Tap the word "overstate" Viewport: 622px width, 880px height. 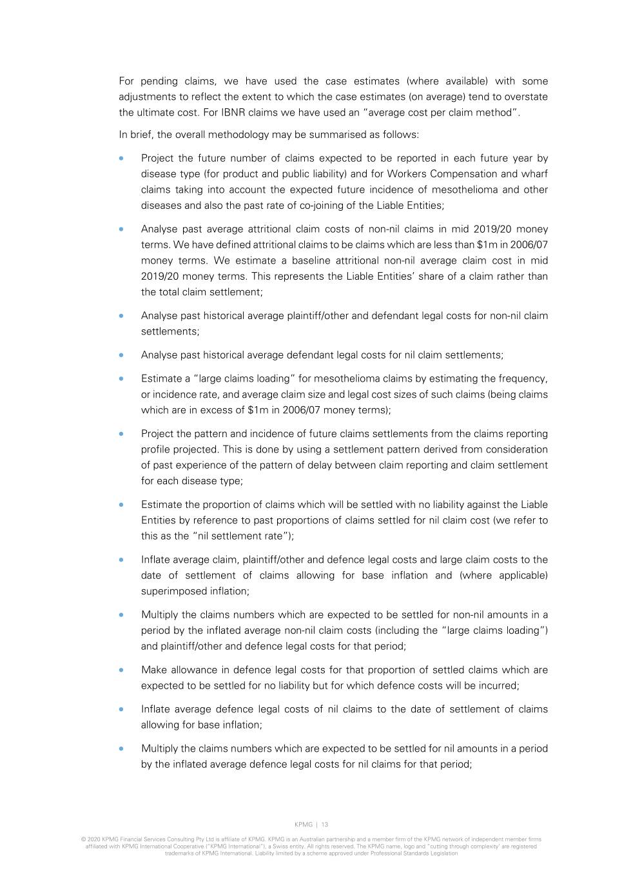coord(525,97)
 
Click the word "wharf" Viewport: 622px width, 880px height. coord(534,174)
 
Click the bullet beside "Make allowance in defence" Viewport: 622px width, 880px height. coord(121,670)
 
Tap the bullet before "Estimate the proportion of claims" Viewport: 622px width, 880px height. coord(121,505)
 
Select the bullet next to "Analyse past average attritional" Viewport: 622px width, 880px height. coord(121,230)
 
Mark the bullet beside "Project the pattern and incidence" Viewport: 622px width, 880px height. coord(121,434)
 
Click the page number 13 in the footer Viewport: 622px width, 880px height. coord(324,825)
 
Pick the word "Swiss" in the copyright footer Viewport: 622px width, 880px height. coord(275,846)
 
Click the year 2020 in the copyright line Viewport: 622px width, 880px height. coord(92,840)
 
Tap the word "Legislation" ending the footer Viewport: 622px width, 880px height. coord(444,853)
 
